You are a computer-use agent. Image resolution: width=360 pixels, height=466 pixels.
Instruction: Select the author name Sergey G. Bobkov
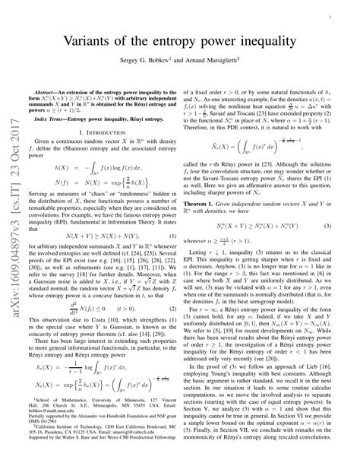point(138,58)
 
